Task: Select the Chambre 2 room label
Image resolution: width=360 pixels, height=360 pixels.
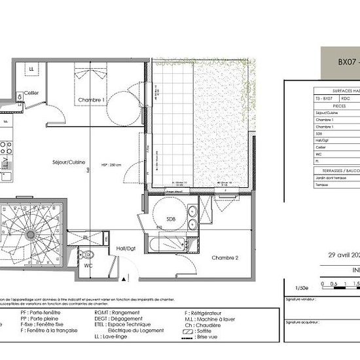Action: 225,258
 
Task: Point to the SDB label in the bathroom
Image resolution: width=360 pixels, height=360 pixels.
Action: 170,219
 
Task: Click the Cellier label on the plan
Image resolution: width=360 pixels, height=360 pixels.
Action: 32,94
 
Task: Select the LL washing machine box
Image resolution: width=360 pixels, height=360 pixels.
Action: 31,69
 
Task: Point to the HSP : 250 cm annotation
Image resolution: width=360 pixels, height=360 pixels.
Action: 111,164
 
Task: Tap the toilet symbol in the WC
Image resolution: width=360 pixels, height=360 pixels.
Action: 88,253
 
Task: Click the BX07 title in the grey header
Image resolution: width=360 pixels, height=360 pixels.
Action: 347,63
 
